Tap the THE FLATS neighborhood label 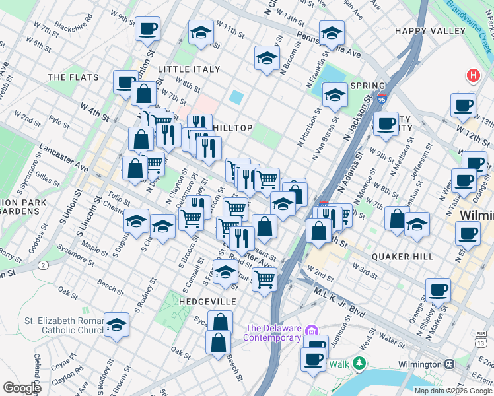coord(73,77)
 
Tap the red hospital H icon coord(472,75)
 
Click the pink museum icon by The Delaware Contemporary coord(312,329)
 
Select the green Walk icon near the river coord(359,364)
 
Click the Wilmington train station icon coord(449,364)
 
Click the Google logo coord(22,388)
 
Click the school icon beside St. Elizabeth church coord(117,325)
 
